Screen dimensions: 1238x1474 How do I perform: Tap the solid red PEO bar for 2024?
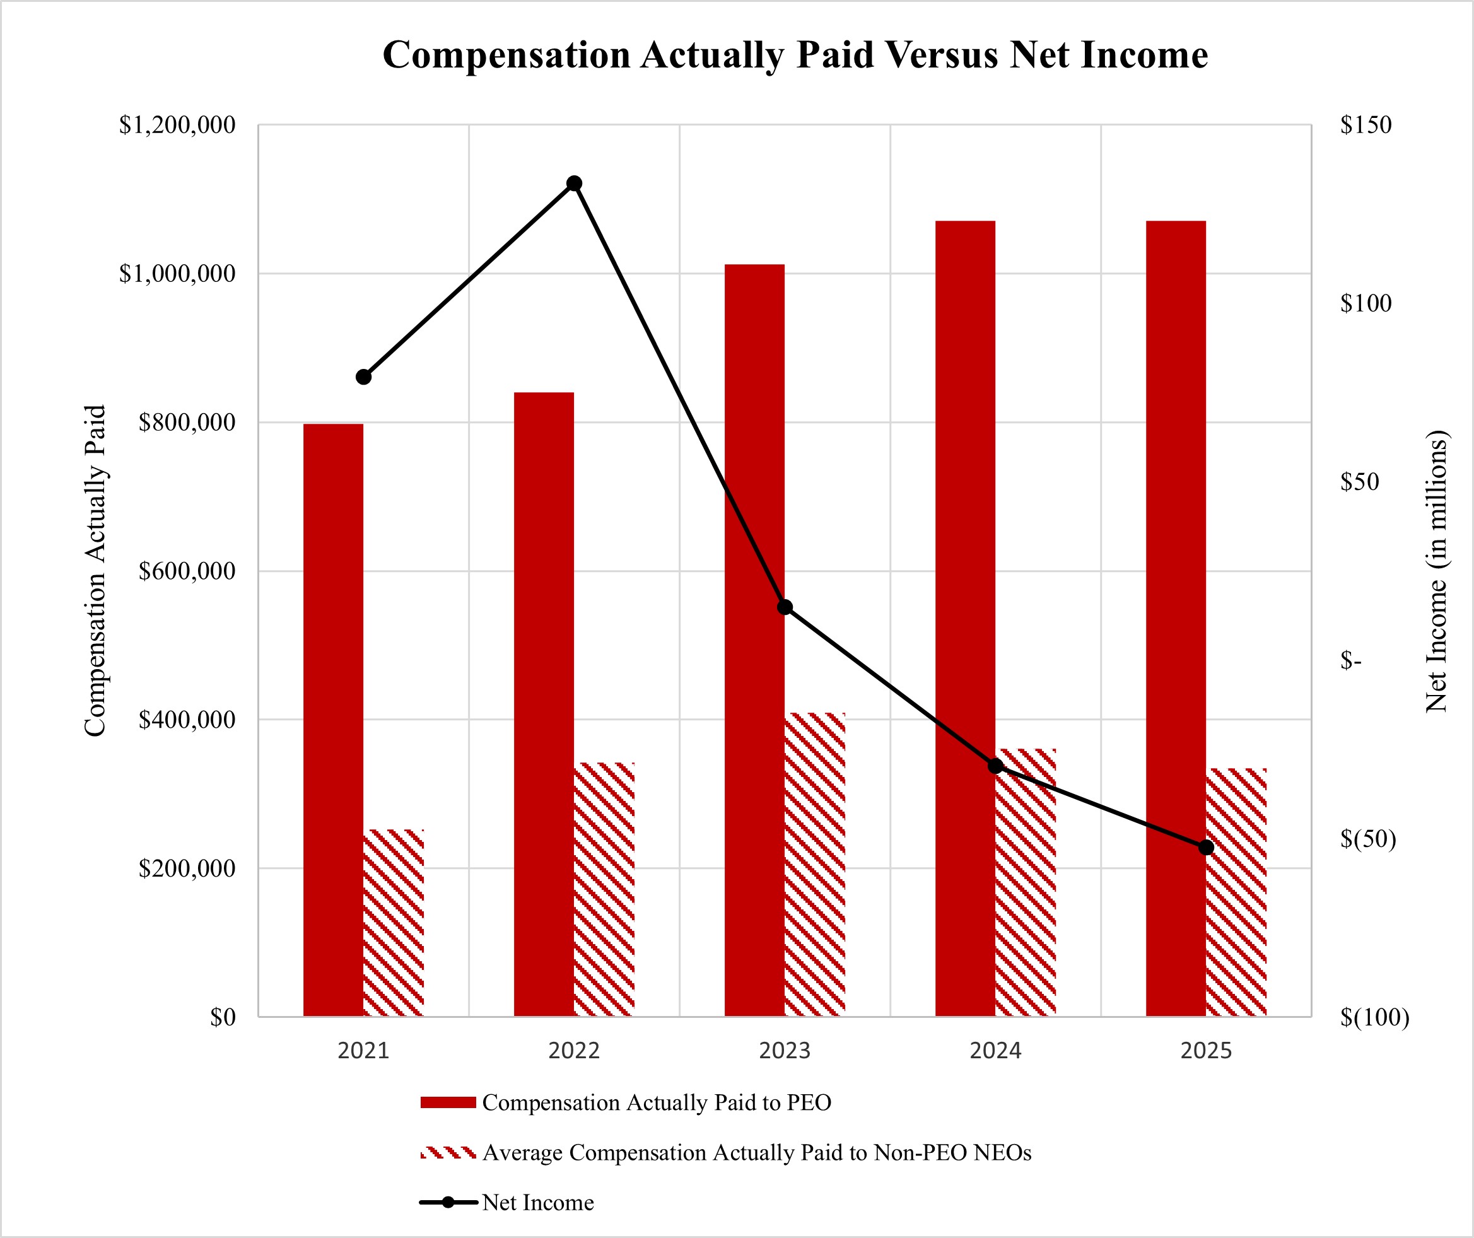[x=964, y=617]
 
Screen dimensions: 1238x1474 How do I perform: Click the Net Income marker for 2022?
[x=573, y=183]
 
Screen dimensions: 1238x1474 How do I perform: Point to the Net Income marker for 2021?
[x=363, y=377]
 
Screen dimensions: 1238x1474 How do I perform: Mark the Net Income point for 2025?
[x=1205, y=847]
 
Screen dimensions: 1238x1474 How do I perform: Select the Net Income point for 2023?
[x=784, y=607]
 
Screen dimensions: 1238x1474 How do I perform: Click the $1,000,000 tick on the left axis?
[x=177, y=274]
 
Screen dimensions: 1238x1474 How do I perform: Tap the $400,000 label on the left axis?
[x=187, y=720]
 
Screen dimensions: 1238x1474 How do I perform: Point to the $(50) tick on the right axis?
[x=1367, y=839]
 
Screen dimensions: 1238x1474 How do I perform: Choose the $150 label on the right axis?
[x=1366, y=125]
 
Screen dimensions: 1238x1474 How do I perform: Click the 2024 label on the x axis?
[x=995, y=1051]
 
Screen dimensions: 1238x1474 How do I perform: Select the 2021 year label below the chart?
[x=363, y=1051]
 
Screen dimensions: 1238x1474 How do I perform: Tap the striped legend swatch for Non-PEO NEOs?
[x=448, y=1152]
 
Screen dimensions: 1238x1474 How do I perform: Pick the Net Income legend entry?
[x=537, y=1202]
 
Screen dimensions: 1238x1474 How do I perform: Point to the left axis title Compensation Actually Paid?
[x=95, y=570]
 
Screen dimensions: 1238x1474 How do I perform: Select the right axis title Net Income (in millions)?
[x=1436, y=570]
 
